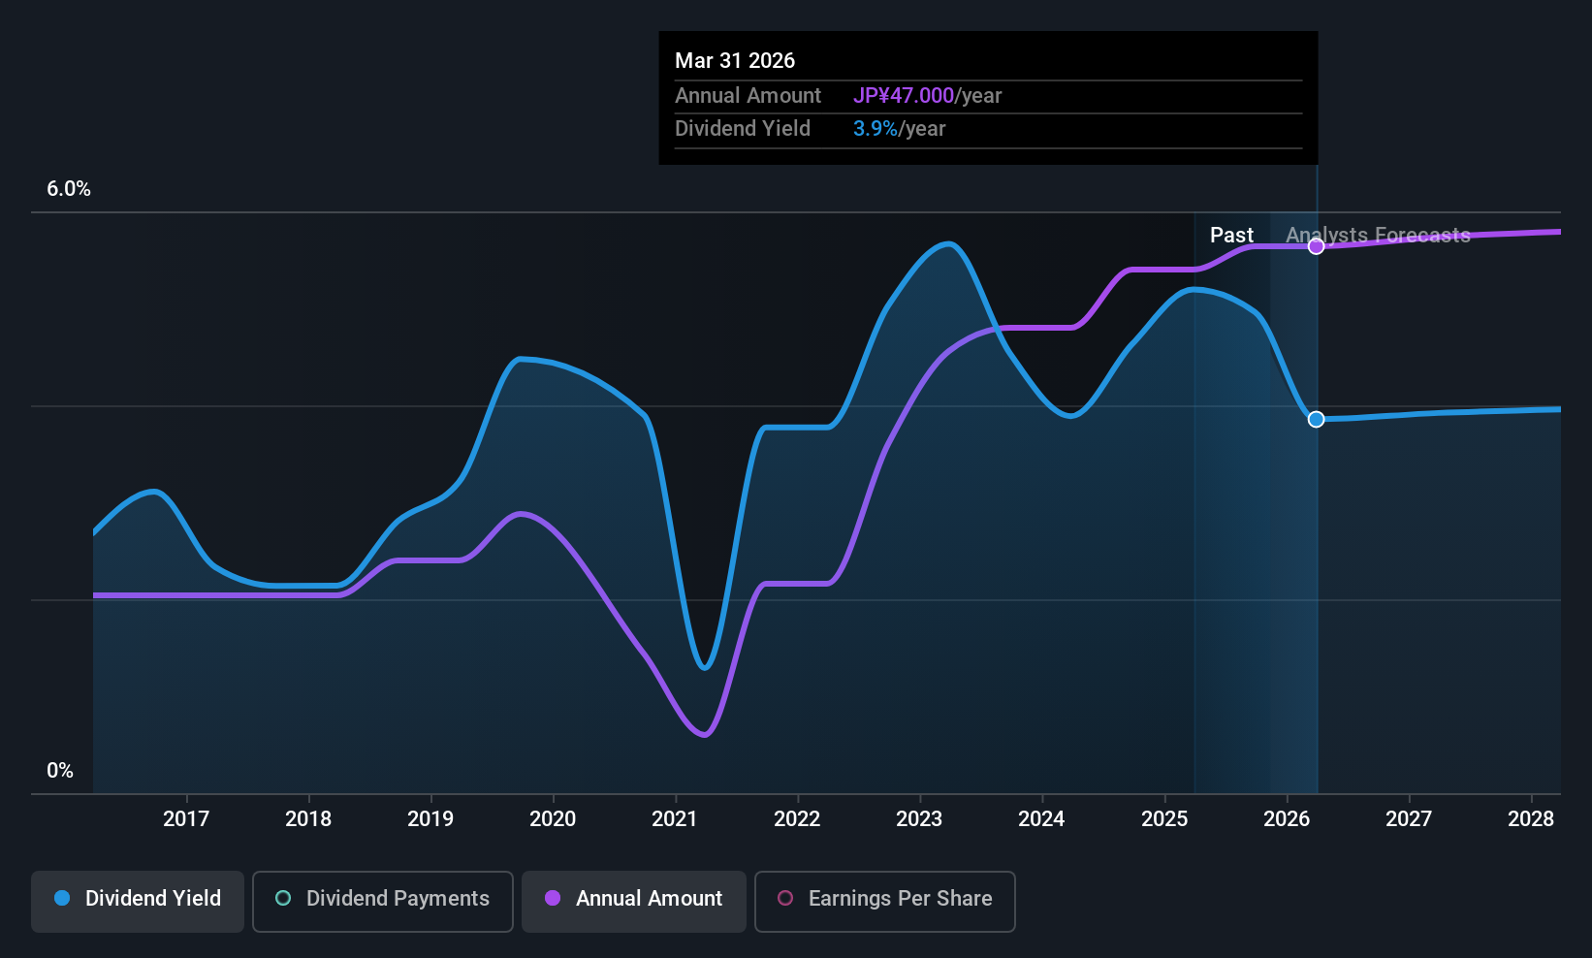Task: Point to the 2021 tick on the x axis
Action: [675, 818]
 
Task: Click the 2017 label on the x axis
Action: [186, 818]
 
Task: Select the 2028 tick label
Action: [1531, 818]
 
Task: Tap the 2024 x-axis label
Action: [1041, 818]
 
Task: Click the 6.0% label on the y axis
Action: [69, 189]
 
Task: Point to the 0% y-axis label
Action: [60, 771]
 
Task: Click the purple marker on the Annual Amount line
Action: [1316, 246]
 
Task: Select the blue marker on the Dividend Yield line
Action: [1316, 419]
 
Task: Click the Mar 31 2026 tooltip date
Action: [735, 61]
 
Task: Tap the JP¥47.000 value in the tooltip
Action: [904, 96]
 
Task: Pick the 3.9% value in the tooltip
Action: [875, 129]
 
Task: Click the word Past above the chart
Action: [1231, 236]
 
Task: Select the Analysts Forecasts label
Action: [1378, 236]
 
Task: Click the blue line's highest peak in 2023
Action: [948, 243]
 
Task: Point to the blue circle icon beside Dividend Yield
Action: [62, 899]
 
